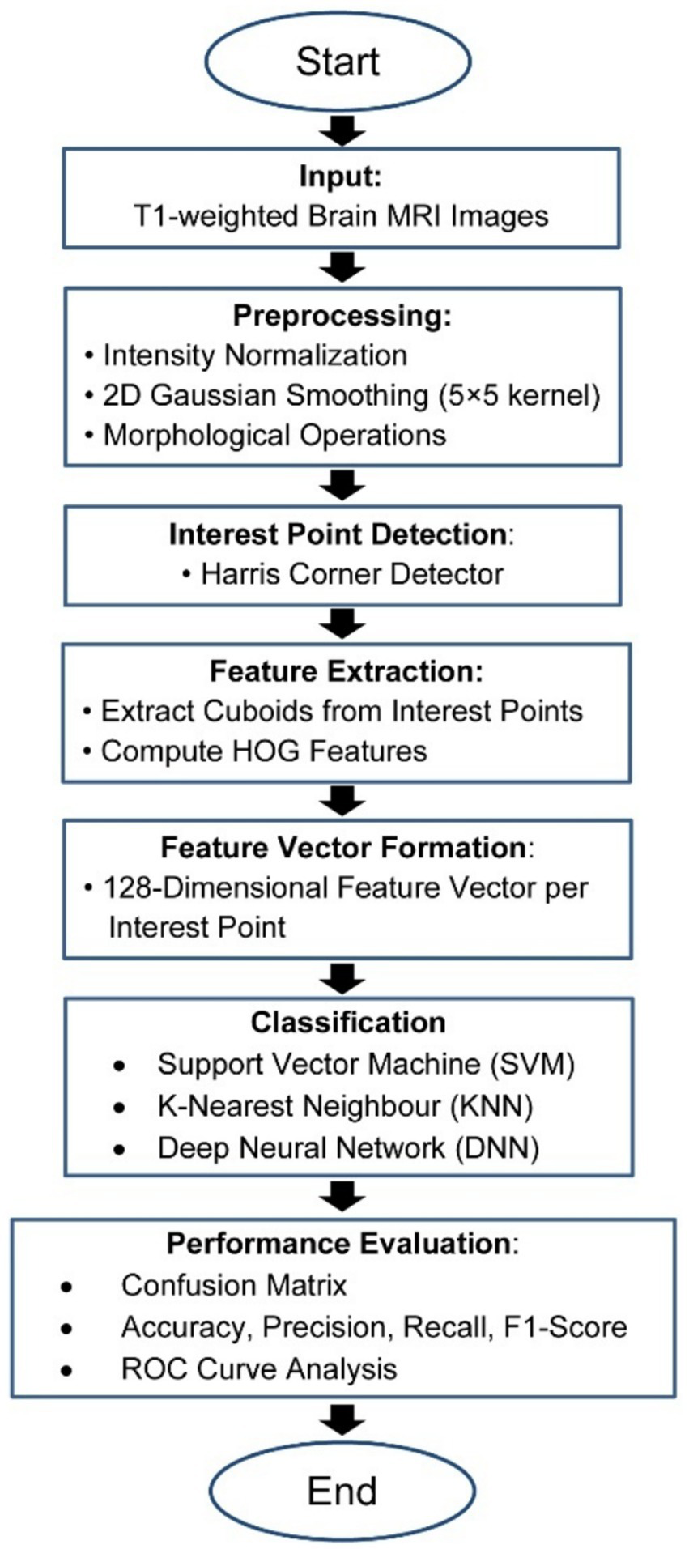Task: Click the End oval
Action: click(x=342, y=1491)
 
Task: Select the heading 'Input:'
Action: click(x=340, y=177)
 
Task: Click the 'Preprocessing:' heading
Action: click(x=342, y=316)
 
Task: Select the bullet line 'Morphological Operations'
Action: click(x=274, y=435)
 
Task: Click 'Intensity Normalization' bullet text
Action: click(x=255, y=355)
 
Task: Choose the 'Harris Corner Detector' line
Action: click(x=351, y=574)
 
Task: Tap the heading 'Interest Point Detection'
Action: click(x=338, y=534)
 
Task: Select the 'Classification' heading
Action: click(x=348, y=1022)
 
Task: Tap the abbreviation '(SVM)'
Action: click(x=532, y=1064)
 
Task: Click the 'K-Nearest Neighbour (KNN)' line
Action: click(x=345, y=1106)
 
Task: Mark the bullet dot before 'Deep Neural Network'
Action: click(x=119, y=1149)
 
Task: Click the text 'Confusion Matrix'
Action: click(x=234, y=1285)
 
